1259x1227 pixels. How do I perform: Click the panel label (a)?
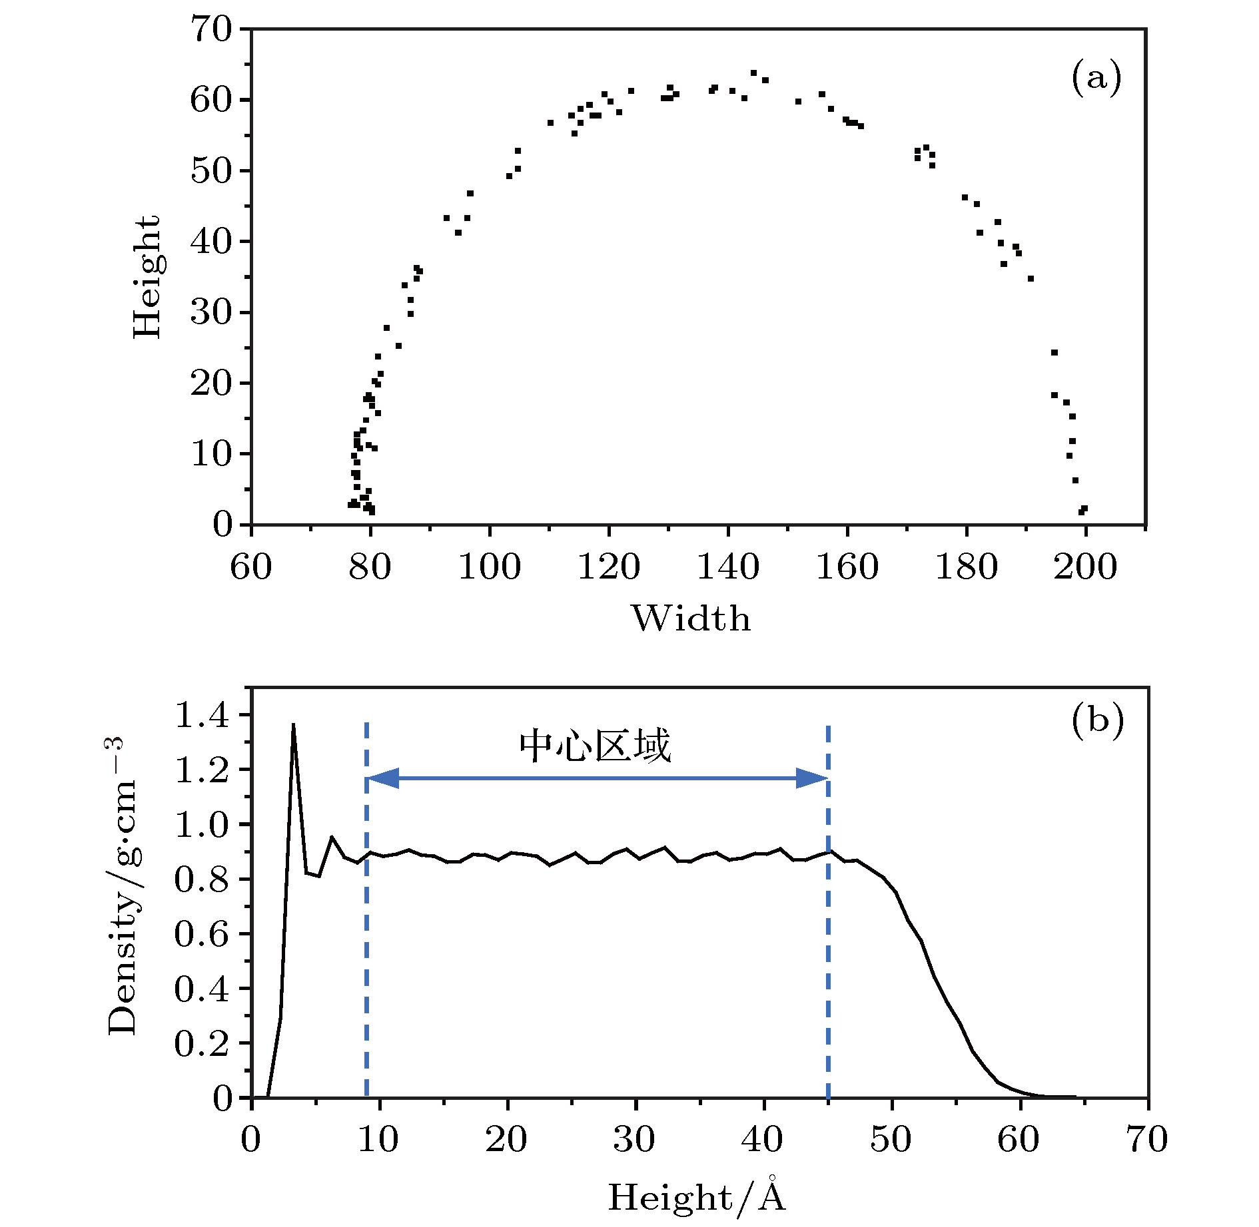pyautogui.click(x=1096, y=78)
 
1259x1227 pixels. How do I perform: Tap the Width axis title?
pyautogui.click(x=691, y=618)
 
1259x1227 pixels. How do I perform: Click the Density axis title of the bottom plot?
pyautogui.click(x=123, y=885)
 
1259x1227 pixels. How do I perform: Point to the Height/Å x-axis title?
pyautogui.click(x=697, y=1196)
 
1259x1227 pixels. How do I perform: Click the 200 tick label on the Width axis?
pyautogui.click(x=1085, y=567)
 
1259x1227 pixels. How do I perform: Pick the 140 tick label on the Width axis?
pyautogui.click(x=727, y=567)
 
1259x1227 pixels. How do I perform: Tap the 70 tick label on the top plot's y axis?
pyautogui.click(x=210, y=30)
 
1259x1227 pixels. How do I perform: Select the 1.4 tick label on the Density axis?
pyautogui.click(x=202, y=716)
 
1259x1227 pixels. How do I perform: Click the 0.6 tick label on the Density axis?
pyautogui.click(x=202, y=934)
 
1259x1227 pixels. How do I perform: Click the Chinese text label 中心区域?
pyautogui.click(x=595, y=746)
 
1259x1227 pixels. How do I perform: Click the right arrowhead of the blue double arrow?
pyautogui.click(x=812, y=778)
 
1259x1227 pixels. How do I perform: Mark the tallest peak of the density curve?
pyautogui.click(x=293, y=724)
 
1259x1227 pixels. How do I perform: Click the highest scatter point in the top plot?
pyautogui.click(x=753, y=73)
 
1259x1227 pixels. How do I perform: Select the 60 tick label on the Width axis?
pyautogui.click(x=251, y=567)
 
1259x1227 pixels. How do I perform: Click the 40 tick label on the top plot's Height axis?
pyautogui.click(x=210, y=242)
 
